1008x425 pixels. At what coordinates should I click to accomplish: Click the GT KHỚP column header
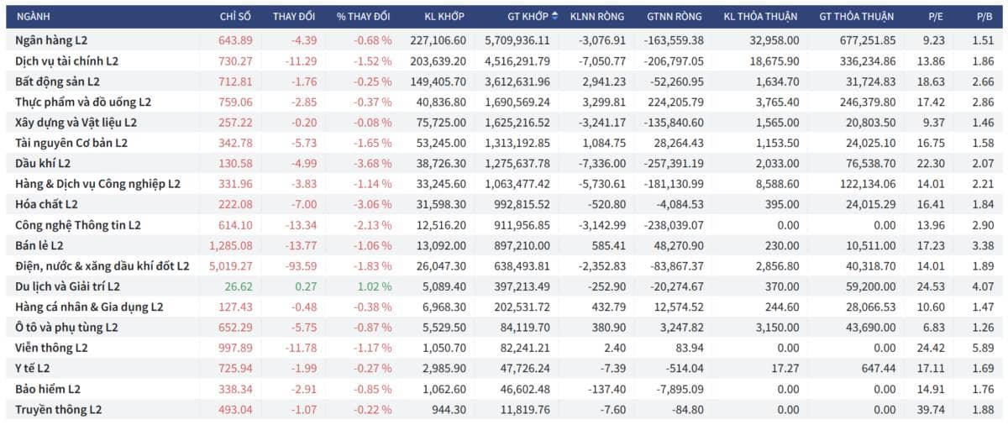pos(528,17)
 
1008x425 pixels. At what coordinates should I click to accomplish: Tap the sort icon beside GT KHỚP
pos(555,16)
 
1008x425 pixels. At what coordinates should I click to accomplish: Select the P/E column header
pos(936,17)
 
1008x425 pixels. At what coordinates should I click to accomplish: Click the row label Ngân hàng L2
pos(51,40)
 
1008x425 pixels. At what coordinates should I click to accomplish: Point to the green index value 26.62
pos(239,286)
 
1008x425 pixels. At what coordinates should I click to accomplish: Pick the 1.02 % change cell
pos(375,286)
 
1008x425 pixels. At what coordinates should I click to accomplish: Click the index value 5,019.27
pos(231,266)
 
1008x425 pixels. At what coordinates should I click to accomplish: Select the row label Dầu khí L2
pos(43,163)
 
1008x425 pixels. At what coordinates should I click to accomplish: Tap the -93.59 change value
pos(301,266)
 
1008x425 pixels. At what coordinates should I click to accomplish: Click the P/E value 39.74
pos(931,410)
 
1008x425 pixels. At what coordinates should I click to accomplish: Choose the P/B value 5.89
pos(983,348)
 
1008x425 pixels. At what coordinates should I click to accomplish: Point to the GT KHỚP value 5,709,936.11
pos(517,40)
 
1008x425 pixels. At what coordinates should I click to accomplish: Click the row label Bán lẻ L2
pos(39,245)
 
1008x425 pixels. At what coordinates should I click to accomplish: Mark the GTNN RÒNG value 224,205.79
pos(675,102)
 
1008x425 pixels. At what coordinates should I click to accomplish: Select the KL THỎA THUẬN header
pos(760,17)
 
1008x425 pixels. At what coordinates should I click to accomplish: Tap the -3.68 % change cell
pos(373,163)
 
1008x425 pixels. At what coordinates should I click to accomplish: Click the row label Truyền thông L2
pos(59,410)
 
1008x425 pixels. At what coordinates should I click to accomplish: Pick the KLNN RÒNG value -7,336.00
pos(602,163)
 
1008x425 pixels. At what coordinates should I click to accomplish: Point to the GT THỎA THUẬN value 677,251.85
pos(868,40)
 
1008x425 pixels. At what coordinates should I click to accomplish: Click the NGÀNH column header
pos(34,17)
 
